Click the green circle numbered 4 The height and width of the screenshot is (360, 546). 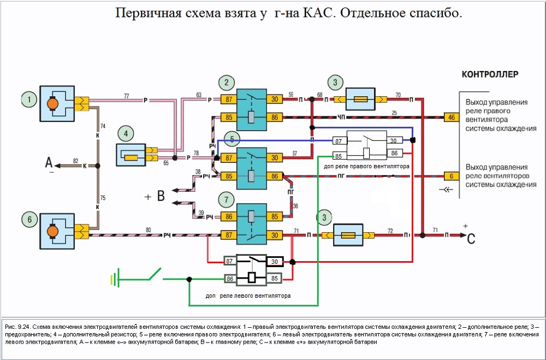[126, 133]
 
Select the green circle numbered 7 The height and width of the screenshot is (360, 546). [225, 197]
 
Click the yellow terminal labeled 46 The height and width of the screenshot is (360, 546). [451, 117]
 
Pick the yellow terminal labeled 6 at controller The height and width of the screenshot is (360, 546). [451, 176]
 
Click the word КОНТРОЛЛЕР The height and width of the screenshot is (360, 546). [490, 74]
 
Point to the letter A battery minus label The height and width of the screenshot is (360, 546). [49, 163]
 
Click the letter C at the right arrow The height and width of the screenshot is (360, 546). [471, 237]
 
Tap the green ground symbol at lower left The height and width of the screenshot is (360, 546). [113, 280]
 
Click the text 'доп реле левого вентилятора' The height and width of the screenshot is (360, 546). [248, 296]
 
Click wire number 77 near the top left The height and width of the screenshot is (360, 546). [127, 96]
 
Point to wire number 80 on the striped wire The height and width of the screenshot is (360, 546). [148, 231]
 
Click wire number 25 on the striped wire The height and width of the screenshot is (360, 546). [394, 113]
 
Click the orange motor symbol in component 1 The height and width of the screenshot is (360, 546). [53, 103]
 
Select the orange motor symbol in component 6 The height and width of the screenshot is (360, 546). [53, 232]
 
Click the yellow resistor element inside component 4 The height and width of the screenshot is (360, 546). [133, 158]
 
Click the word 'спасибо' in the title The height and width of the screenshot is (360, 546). [431, 13]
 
